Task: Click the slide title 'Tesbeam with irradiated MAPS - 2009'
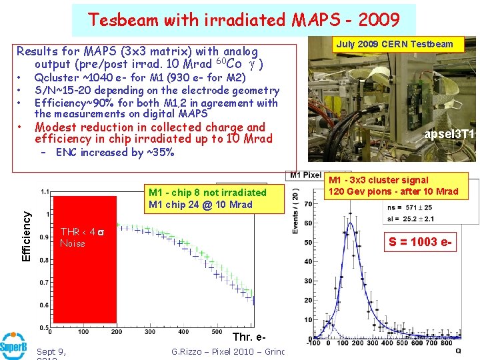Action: pos(243,20)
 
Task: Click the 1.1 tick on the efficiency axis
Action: pos(45,191)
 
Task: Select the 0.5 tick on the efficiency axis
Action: pos(45,327)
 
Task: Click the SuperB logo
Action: pos(13,347)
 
